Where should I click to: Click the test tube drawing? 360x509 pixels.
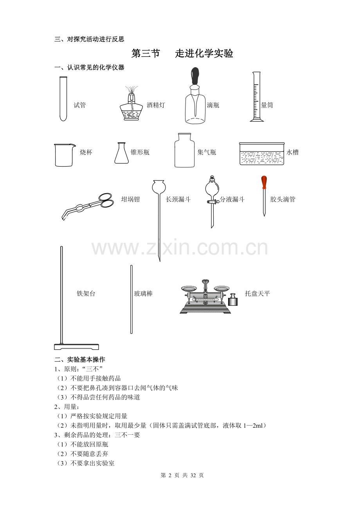(x=63, y=99)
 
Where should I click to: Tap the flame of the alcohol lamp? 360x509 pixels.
(x=131, y=90)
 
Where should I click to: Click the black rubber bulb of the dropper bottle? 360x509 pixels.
(x=195, y=76)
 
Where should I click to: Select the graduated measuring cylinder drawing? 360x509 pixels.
(x=257, y=97)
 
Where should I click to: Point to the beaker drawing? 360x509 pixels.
(x=64, y=155)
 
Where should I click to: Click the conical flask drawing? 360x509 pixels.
(x=121, y=153)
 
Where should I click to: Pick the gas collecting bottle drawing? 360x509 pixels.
(x=184, y=150)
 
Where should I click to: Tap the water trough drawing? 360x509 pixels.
(x=261, y=154)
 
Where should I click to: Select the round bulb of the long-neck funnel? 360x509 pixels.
(x=159, y=187)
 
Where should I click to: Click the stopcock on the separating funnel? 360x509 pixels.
(x=211, y=201)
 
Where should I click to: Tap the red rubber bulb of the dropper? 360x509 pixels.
(x=264, y=183)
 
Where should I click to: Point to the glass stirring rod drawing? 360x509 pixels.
(x=131, y=299)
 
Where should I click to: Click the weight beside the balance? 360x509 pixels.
(x=233, y=299)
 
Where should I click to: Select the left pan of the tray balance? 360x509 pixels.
(x=189, y=289)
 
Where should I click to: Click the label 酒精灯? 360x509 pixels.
(x=156, y=105)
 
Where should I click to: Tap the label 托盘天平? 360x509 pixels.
(x=257, y=293)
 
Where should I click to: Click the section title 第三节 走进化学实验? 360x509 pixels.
(x=182, y=54)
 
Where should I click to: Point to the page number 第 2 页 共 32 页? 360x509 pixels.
(x=182, y=475)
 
